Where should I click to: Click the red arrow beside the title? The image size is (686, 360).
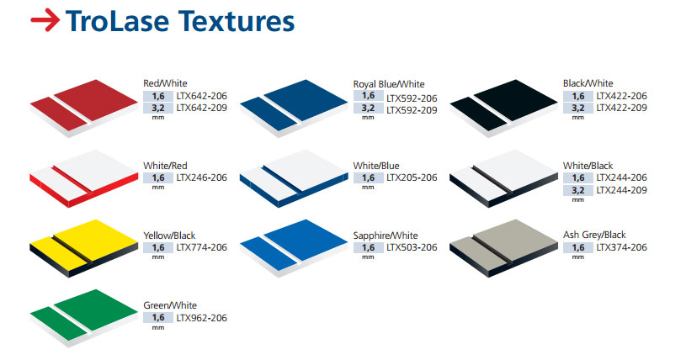(x=45, y=20)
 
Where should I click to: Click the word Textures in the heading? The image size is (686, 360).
(x=237, y=21)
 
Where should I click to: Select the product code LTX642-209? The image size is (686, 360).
(x=202, y=108)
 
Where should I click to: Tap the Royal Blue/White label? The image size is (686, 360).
(x=389, y=84)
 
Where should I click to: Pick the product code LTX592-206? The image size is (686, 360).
(x=412, y=98)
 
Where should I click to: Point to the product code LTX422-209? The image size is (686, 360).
(x=622, y=108)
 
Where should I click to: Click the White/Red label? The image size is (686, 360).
(x=165, y=166)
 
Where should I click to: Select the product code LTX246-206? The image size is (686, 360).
(x=202, y=177)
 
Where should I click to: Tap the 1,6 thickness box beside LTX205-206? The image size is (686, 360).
(x=369, y=177)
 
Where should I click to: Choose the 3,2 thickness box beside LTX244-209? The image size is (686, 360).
(x=578, y=190)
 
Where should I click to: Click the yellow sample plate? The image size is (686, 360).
(x=83, y=248)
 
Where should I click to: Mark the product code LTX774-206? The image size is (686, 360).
(x=202, y=247)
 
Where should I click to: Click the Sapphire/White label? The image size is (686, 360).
(x=386, y=236)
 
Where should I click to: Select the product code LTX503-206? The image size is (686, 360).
(x=412, y=247)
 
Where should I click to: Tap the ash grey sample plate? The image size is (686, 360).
(x=503, y=248)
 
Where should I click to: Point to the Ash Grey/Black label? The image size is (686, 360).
(x=594, y=235)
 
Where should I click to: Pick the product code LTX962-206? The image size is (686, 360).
(x=202, y=318)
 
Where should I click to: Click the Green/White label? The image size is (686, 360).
(x=170, y=305)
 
